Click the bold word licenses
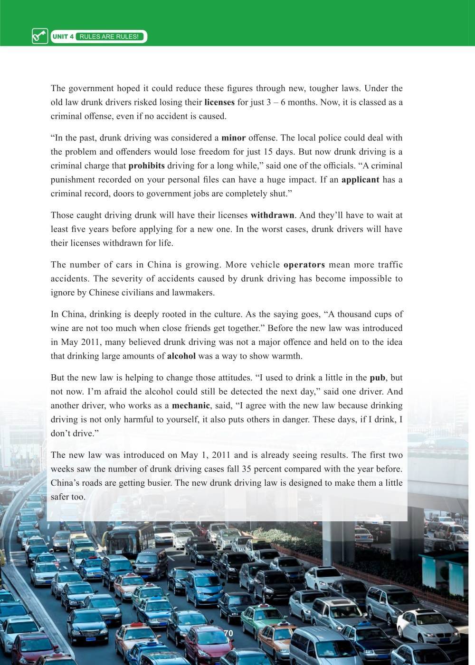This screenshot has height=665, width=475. [219, 102]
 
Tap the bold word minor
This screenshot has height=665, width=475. [233, 138]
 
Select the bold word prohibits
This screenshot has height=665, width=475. [146, 166]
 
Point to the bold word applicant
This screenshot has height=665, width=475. [360, 180]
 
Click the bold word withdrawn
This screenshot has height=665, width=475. [272, 215]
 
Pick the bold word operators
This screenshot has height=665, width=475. [304, 265]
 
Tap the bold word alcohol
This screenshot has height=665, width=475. [181, 356]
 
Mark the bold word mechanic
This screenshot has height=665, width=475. [190, 406]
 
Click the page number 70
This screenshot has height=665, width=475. [228, 634]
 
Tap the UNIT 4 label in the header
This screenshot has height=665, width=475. [63, 37]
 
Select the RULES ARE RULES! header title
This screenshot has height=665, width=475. [109, 37]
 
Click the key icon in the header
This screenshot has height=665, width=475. [39, 36]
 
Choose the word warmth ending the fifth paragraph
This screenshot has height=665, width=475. [286, 356]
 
